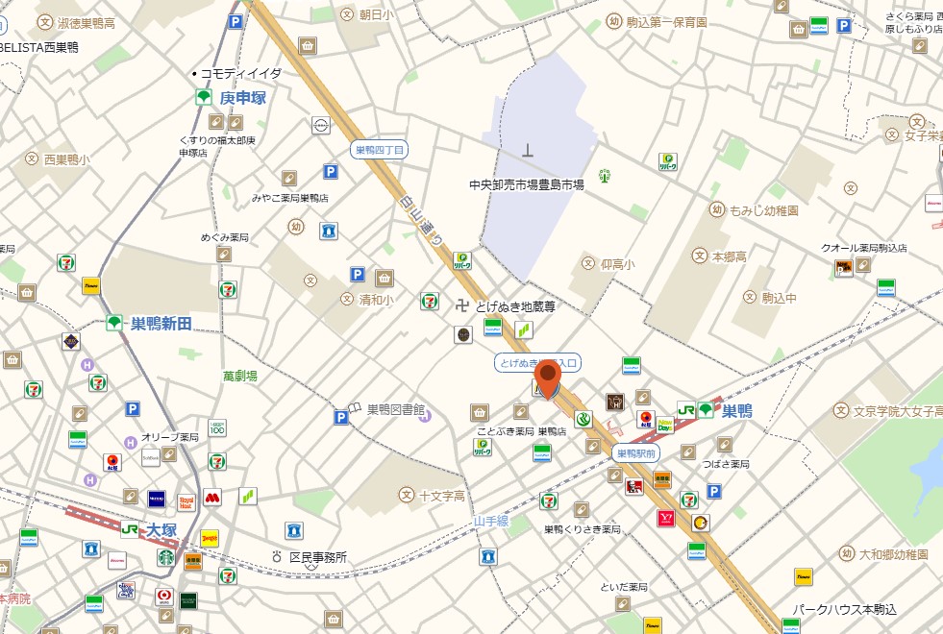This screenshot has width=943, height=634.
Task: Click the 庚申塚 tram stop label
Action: [241, 98]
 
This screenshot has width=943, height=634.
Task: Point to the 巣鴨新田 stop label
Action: [161, 325]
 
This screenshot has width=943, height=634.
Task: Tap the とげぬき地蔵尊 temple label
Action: [516, 307]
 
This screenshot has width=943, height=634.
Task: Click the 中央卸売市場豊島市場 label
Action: [527, 184]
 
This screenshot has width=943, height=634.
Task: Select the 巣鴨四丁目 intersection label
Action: [380, 150]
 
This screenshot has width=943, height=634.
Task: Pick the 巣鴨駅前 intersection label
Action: [635, 452]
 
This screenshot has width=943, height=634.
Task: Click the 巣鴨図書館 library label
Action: [395, 409]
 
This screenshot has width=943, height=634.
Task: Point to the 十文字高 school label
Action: [442, 496]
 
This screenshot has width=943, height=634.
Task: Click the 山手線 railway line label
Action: [490, 522]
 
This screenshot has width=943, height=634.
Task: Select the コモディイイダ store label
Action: [241, 73]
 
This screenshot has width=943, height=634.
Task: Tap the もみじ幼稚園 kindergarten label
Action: [764, 209]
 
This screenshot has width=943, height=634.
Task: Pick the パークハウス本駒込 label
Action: [844, 610]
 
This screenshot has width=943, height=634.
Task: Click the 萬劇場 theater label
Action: [240, 377]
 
